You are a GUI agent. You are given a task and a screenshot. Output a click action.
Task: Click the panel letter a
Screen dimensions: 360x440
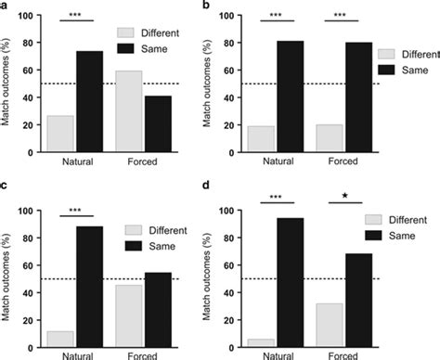(5, 6)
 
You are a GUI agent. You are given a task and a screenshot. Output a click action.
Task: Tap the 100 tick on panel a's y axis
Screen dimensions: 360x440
(31, 17)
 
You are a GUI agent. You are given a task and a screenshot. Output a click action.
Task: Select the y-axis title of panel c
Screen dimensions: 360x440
(8, 279)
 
